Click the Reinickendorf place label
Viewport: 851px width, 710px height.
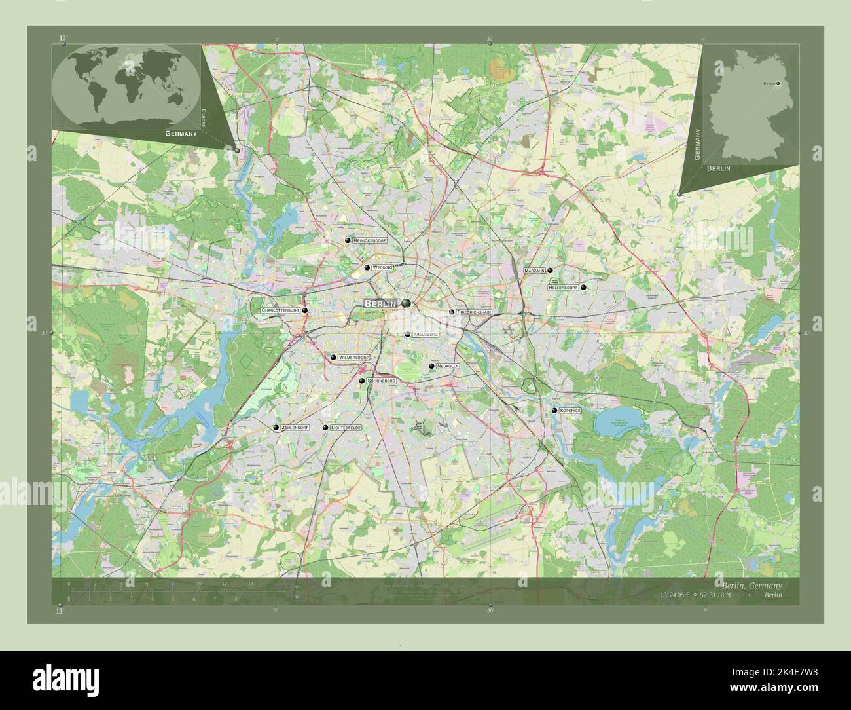370,241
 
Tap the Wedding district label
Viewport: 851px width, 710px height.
382,268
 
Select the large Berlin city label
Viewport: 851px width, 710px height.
380,304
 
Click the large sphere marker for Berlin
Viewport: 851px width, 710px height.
407,303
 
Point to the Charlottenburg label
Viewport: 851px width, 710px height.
280,310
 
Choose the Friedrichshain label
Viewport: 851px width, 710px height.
474,312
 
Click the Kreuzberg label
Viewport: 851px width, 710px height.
425,335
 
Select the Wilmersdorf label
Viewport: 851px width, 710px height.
353,358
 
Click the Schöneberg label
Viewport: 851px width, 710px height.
382,381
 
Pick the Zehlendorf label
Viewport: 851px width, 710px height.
294,428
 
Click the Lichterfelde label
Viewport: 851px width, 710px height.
346,428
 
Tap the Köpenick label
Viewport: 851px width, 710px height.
571,411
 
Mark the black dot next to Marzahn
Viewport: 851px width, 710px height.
550,270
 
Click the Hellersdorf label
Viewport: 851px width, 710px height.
563,287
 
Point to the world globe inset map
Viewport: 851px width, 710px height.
126,86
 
